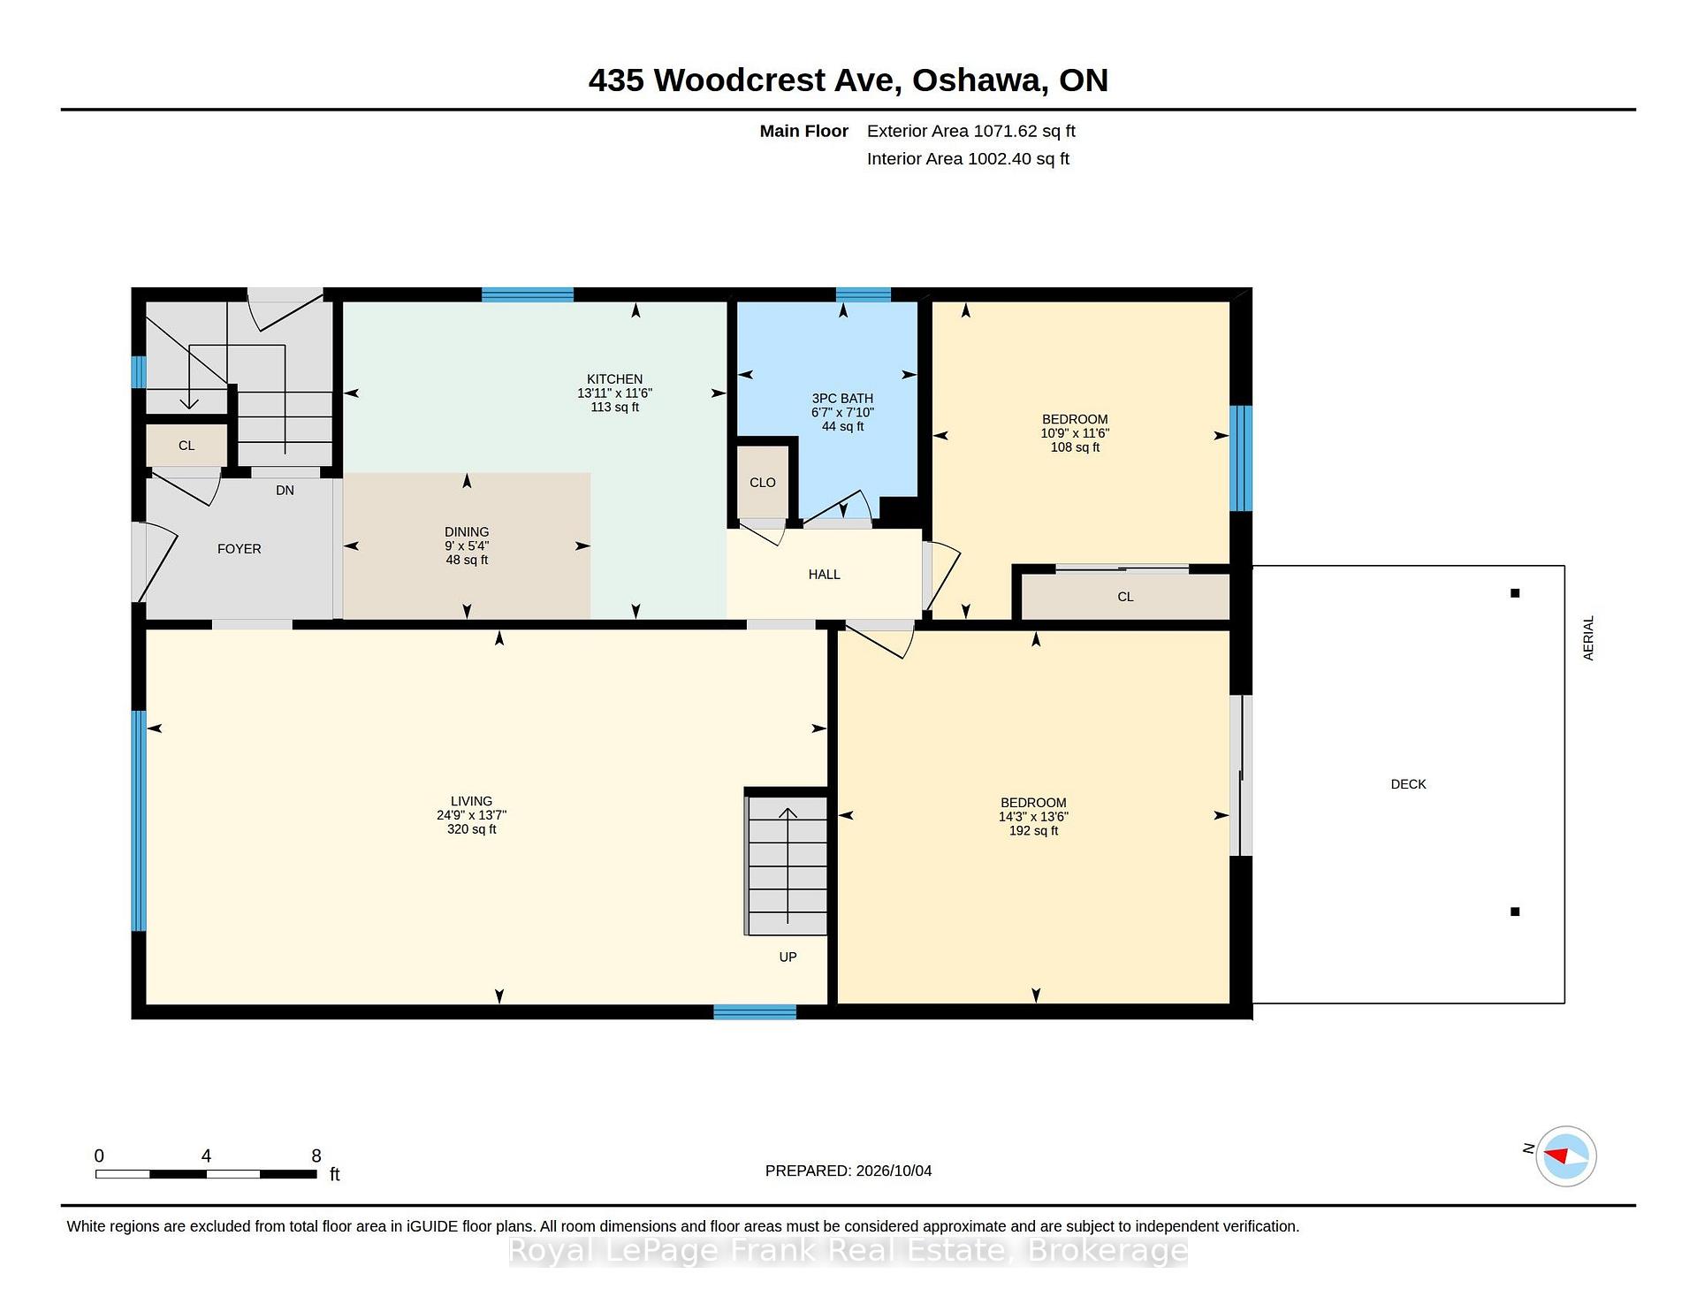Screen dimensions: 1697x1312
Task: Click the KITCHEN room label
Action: pos(614,379)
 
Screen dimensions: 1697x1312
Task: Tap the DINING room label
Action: pos(467,532)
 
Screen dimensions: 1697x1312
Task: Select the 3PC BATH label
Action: pos(842,399)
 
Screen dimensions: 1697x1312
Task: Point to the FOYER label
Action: pos(240,549)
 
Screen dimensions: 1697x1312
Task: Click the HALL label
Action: pos(824,575)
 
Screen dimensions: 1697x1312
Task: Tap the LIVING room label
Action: pos(471,802)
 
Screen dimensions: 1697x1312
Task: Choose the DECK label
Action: pos(1408,784)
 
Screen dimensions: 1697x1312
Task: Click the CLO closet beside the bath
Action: pos(763,483)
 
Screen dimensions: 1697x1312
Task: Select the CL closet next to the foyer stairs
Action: pos(186,446)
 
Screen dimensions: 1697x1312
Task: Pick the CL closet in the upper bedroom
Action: pos(1125,597)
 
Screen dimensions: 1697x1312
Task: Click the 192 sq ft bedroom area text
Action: pos(1033,831)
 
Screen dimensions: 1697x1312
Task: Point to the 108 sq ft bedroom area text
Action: pos(1075,447)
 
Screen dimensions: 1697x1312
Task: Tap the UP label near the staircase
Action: pos(788,957)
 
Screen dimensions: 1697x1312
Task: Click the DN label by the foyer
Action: pos(285,491)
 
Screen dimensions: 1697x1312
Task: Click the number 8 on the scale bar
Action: pos(316,1156)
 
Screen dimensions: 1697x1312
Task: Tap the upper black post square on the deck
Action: pos(1515,593)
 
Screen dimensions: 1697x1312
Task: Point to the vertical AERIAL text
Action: pos(1588,638)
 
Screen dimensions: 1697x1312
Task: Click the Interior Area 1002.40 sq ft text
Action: pos(968,159)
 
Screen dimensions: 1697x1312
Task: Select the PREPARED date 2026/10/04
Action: pos(894,1171)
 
